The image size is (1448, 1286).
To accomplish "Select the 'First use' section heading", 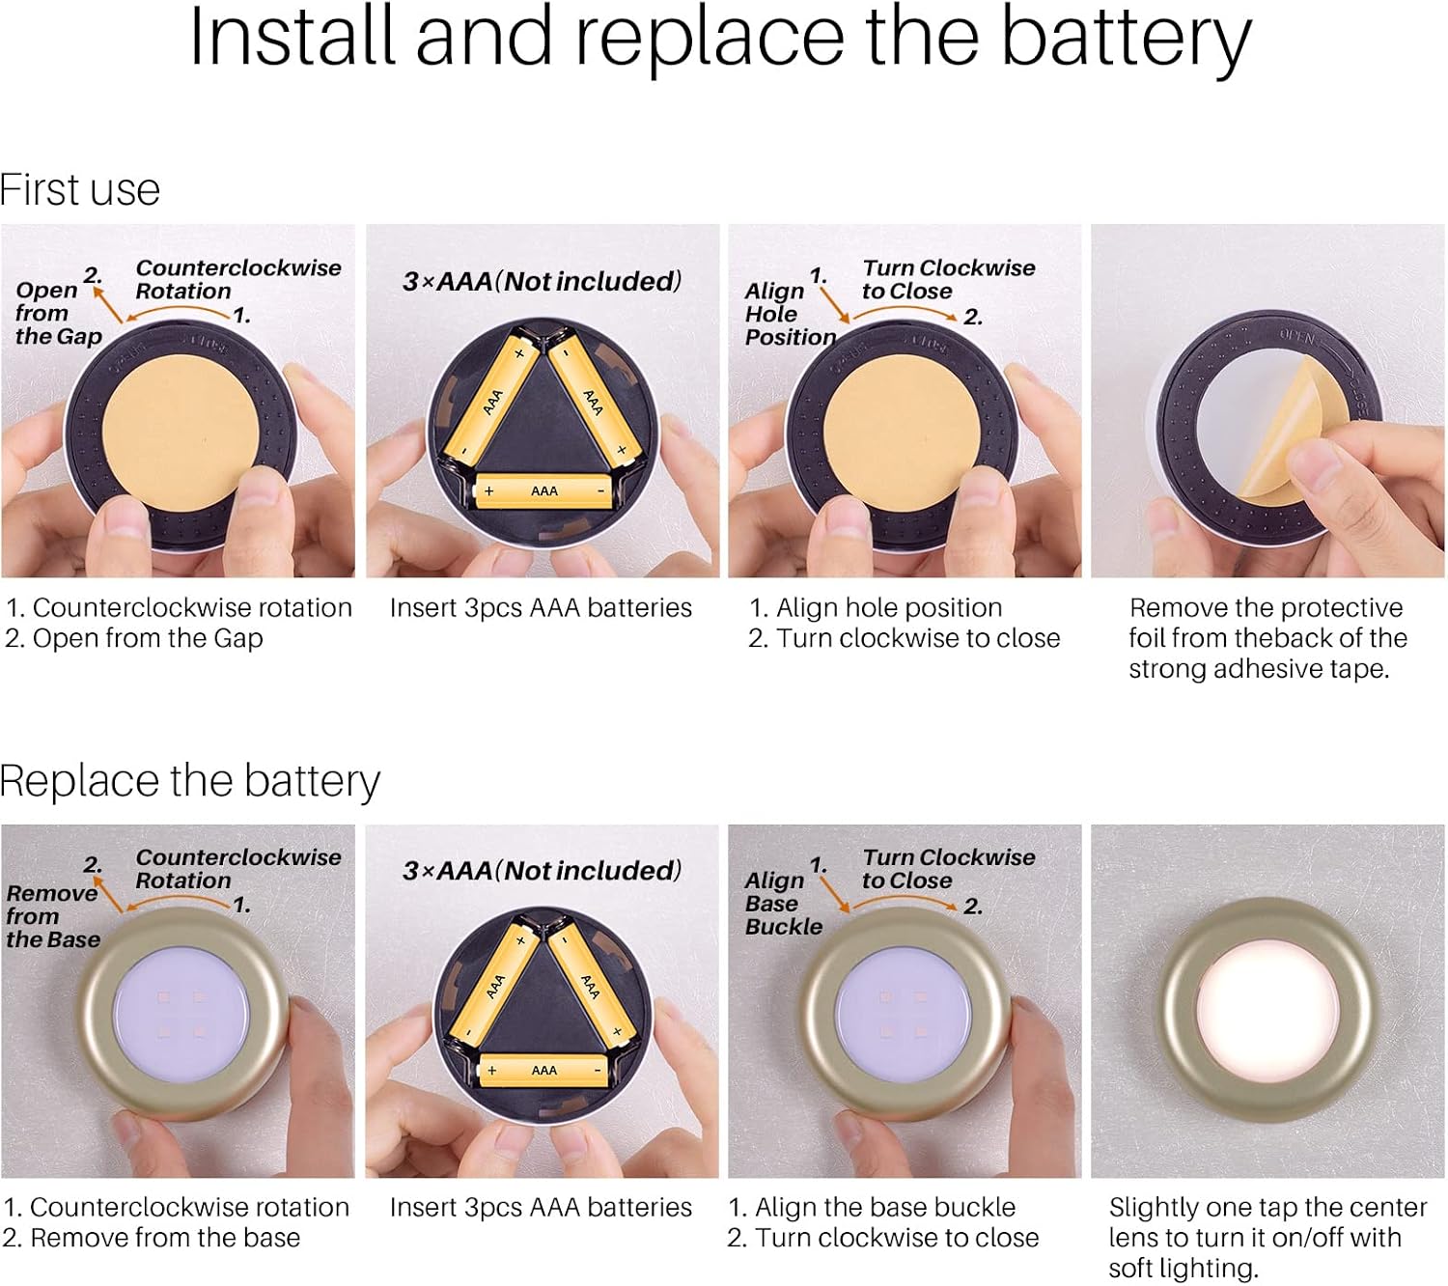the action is (79, 190).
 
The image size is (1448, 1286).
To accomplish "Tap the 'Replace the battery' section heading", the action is (189, 780).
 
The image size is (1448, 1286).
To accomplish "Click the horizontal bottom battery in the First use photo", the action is (543, 491).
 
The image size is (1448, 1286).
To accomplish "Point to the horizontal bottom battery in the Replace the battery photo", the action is (543, 1070).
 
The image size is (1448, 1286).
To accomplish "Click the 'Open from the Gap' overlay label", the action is (59, 313).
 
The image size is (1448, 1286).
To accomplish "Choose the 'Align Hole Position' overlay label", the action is (790, 314).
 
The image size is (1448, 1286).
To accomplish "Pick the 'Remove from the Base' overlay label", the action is (53, 916).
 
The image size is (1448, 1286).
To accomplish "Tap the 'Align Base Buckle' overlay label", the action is (783, 904).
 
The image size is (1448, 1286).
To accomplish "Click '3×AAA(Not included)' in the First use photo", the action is (542, 282).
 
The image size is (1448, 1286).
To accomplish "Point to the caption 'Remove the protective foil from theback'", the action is (1267, 623).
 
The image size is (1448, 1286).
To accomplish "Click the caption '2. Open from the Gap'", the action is (133, 638).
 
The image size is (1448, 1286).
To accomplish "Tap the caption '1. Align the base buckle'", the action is (872, 1208).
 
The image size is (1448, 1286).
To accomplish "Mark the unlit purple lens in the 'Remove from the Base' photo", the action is (181, 1016).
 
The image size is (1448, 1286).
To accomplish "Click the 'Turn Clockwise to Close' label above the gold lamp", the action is (948, 869).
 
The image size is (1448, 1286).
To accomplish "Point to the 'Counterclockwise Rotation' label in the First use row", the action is (238, 280).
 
